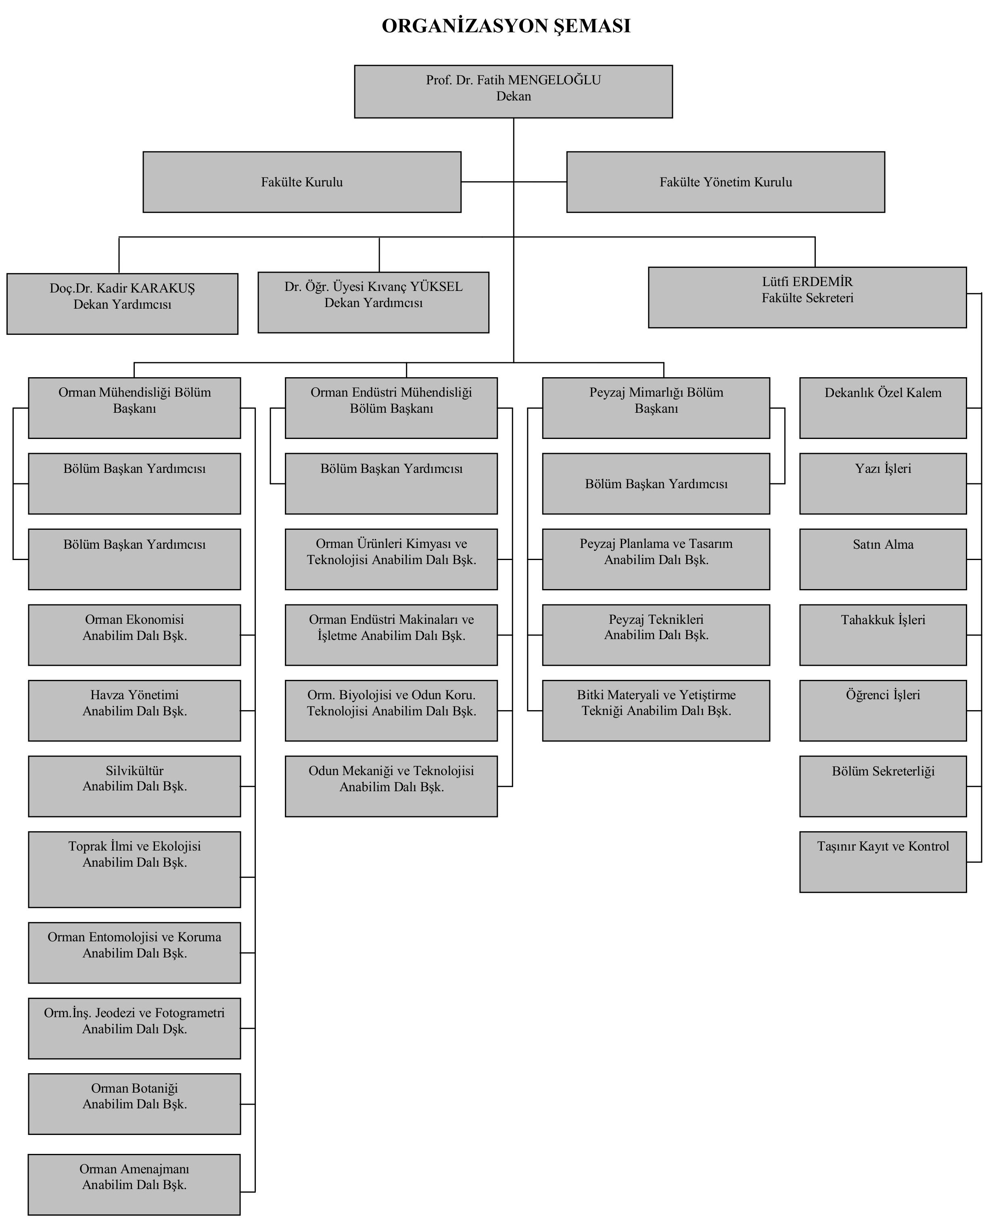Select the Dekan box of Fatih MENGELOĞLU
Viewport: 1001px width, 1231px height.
coord(513,92)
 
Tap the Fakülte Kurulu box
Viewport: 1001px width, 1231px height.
coord(302,182)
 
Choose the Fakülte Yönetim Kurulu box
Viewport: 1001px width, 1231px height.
coord(725,182)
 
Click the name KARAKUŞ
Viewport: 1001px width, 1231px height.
coord(163,288)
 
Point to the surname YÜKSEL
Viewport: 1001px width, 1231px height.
coord(437,286)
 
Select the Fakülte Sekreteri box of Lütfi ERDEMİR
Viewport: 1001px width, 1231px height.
coord(807,297)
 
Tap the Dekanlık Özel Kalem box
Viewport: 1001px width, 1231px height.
coord(883,408)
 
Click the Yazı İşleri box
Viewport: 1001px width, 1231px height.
coord(883,484)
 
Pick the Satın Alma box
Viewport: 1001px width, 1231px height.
coord(883,559)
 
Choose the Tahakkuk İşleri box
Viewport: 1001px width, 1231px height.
coord(883,635)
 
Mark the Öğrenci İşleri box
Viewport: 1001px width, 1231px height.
coord(883,711)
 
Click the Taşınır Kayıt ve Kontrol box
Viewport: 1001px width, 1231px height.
coord(883,862)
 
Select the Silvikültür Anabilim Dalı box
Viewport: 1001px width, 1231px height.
coord(134,786)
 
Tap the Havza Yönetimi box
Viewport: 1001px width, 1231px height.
coord(134,711)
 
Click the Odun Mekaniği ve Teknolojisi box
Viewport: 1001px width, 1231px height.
coord(391,786)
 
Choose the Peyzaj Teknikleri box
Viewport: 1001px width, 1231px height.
coord(656,635)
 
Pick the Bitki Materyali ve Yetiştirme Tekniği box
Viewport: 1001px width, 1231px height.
coord(656,711)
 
